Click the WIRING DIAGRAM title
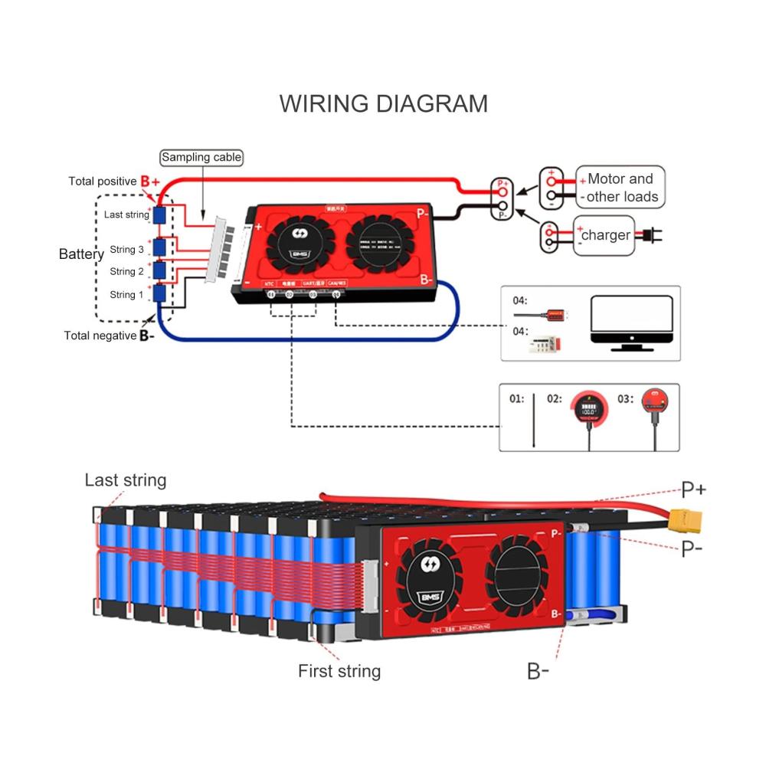click(x=383, y=103)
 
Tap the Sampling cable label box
click(x=201, y=158)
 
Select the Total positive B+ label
click(x=114, y=182)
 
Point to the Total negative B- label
click(x=109, y=336)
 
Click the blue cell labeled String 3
click(x=159, y=247)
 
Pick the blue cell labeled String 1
click(x=159, y=293)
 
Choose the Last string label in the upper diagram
click(x=126, y=214)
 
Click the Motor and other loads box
click(x=620, y=188)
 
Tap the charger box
click(x=604, y=235)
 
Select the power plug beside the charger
click(x=649, y=235)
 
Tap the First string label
click(x=339, y=672)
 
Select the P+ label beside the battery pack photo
click(x=694, y=489)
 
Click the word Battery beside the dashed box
click(x=81, y=254)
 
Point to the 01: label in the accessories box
click(x=517, y=399)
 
